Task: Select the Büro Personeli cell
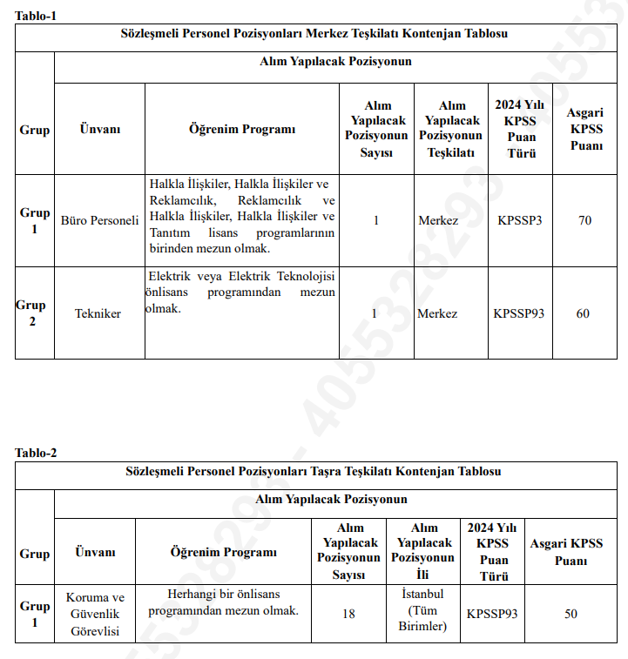(x=99, y=220)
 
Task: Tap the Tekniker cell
(x=98, y=313)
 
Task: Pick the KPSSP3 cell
(x=519, y=220)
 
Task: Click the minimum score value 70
(x=584, y=220)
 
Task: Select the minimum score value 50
(x=571, y=614)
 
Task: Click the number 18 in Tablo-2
(x=348, y=614)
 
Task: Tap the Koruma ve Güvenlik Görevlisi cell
(x=95, y=614)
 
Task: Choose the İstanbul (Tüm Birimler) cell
(x=422, y=609)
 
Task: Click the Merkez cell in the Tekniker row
(x=437, y=313)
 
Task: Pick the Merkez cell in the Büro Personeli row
(x=437, y=220)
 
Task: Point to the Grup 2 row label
(x=33, y=313)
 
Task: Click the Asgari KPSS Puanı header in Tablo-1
(x=585, y=129)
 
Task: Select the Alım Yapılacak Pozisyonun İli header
(x=423, y=551)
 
